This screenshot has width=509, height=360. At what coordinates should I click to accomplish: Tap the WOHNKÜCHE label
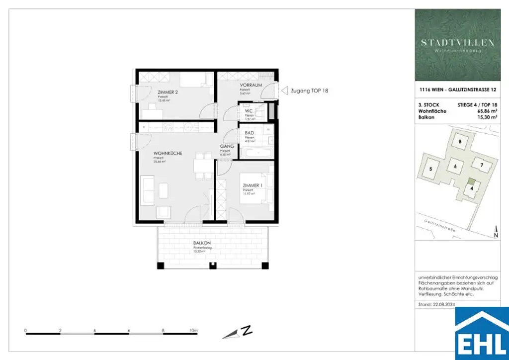click(x=168, y=154)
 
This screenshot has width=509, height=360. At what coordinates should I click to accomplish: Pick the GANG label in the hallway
click(x=227, y=147)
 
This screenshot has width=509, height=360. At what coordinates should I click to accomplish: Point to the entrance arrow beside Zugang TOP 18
click(x=284, y=91)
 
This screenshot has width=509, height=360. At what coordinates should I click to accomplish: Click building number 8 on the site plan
click(x=460, y=142)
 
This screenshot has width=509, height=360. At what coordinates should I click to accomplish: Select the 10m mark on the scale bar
click(x=193, y=330)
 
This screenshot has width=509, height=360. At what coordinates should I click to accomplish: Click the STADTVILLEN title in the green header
click(x=458, y=43)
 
